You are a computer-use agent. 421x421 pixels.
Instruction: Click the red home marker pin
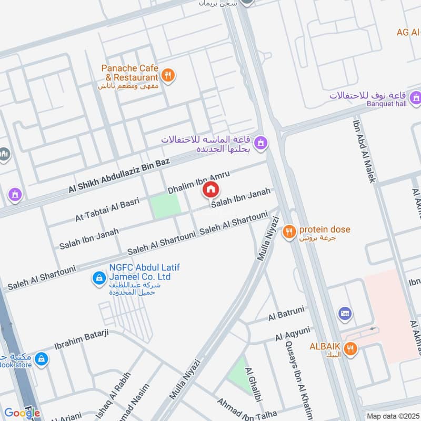(210, 189)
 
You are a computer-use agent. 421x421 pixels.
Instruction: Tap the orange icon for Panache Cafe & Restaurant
(168, 75)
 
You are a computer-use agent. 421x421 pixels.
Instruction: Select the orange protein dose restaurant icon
(288, 232)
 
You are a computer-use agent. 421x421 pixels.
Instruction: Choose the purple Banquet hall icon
(416, 97)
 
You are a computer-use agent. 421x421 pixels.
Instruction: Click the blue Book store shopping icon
(42, 359)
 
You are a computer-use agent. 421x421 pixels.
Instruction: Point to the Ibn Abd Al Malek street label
(364, 151)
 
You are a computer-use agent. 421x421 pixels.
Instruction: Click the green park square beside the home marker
(165, 207)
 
